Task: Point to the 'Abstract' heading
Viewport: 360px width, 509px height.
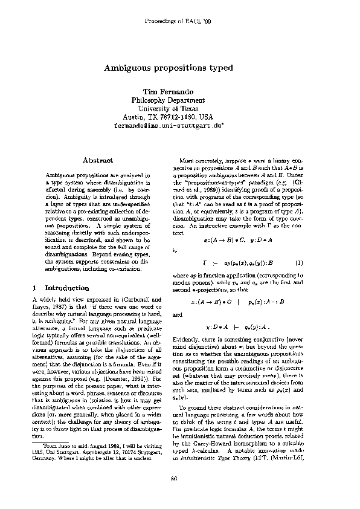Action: click(97, 160)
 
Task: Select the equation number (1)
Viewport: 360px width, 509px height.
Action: click(298, 264)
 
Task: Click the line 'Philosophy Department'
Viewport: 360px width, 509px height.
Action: click(168, 100)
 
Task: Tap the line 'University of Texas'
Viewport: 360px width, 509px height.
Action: click(168, 108)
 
